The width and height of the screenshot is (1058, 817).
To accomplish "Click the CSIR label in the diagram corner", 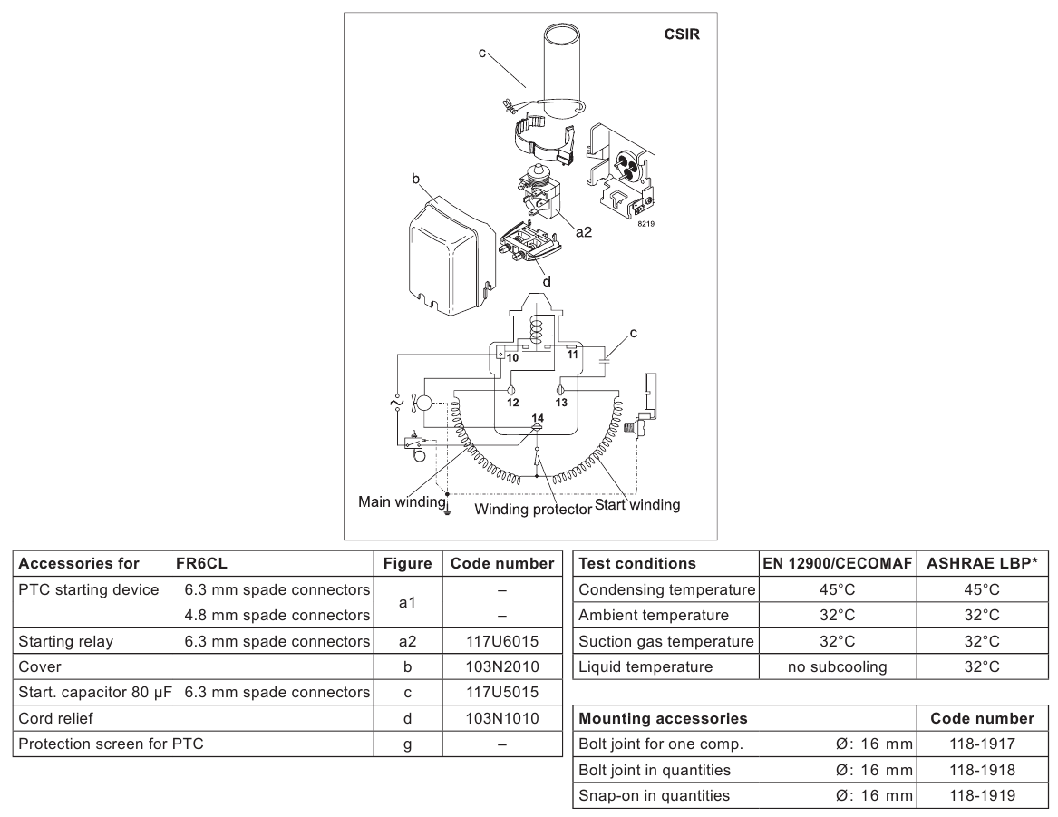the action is click(x=682, y=34).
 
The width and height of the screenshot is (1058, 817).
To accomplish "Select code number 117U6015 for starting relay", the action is click(x=502, y=641).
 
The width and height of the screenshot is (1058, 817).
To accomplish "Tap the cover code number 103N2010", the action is click(x=502, y=666).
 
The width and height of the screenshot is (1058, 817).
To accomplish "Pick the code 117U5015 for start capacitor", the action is click(x=502, y=692).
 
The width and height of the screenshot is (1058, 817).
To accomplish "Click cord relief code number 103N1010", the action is click(x=502, y=718).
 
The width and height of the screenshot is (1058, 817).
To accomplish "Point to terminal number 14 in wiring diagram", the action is click(x=537, y=418).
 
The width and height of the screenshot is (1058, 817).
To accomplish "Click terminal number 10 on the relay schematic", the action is click(x=512, y=358).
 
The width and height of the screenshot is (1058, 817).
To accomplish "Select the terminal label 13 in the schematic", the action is click(x=561, y=403).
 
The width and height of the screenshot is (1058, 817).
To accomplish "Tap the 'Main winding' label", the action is click(x=402, y=502).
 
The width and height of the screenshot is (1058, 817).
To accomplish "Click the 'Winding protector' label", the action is click(x=532, y=510).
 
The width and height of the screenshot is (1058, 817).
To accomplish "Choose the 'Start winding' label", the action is click(x=637, y=505).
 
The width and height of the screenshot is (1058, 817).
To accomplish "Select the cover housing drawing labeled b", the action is click(x=451, y=257).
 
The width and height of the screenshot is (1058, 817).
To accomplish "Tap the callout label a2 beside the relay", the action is click(x=584, y=232).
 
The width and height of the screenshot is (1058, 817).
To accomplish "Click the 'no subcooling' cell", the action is click(x=838, y=667).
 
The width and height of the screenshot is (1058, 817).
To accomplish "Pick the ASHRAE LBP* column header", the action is click(x=982, y=563).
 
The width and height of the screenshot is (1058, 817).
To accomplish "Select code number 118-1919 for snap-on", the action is click(x=982, y=795).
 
